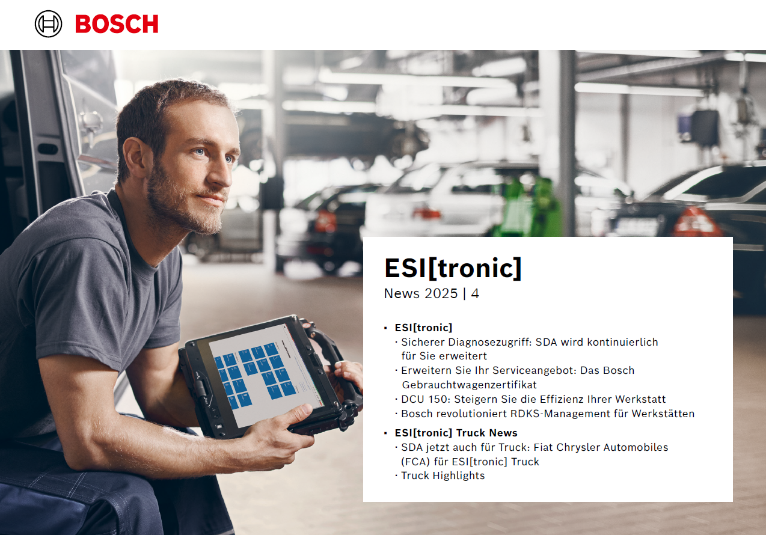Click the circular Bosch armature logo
point(48,24)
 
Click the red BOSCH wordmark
point(117,24)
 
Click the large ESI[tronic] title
point(453,268)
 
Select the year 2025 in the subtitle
point(441,294)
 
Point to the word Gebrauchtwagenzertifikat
point(469,385)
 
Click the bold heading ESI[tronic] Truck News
point(456,433)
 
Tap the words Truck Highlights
point(443,476)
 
